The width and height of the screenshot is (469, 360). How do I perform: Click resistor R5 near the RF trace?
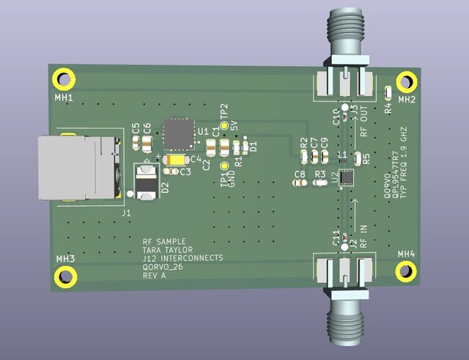358,158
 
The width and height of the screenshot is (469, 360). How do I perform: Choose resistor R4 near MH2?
388,92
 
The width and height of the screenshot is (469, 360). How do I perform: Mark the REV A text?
155,276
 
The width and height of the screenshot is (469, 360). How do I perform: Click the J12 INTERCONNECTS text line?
182,258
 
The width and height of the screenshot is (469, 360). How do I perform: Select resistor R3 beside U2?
320,183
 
